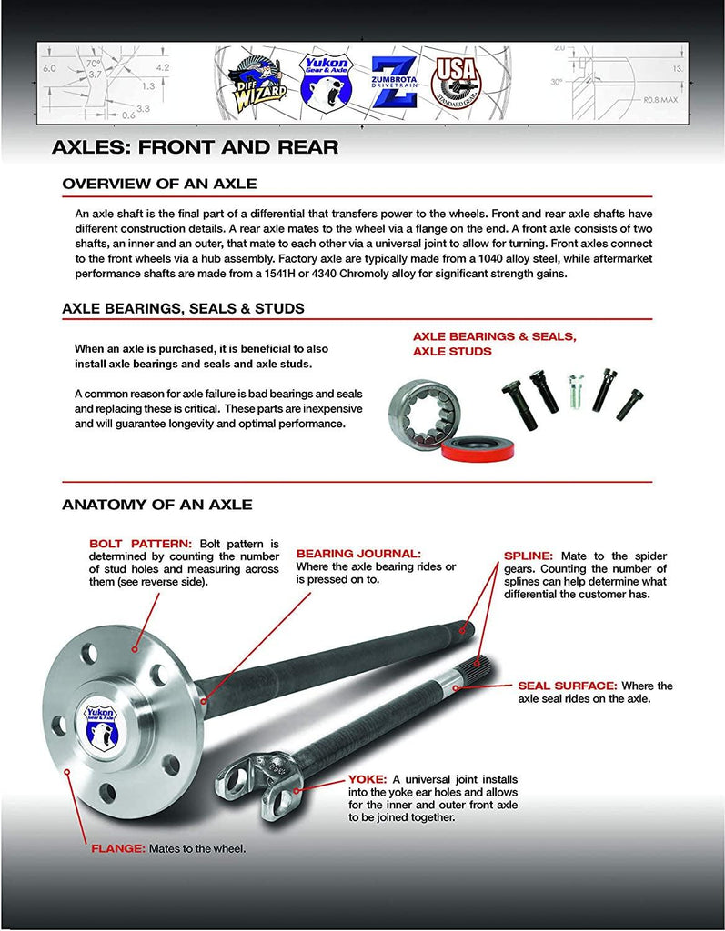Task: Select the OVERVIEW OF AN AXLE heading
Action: [159, 185]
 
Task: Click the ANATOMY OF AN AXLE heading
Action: [157, 504]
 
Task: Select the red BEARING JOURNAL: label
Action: [358, 553]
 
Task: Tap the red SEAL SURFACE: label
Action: [568, 686]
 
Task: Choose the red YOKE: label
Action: [368, 779]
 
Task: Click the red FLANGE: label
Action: [117, 848]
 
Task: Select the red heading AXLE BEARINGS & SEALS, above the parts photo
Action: [494, 336]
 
